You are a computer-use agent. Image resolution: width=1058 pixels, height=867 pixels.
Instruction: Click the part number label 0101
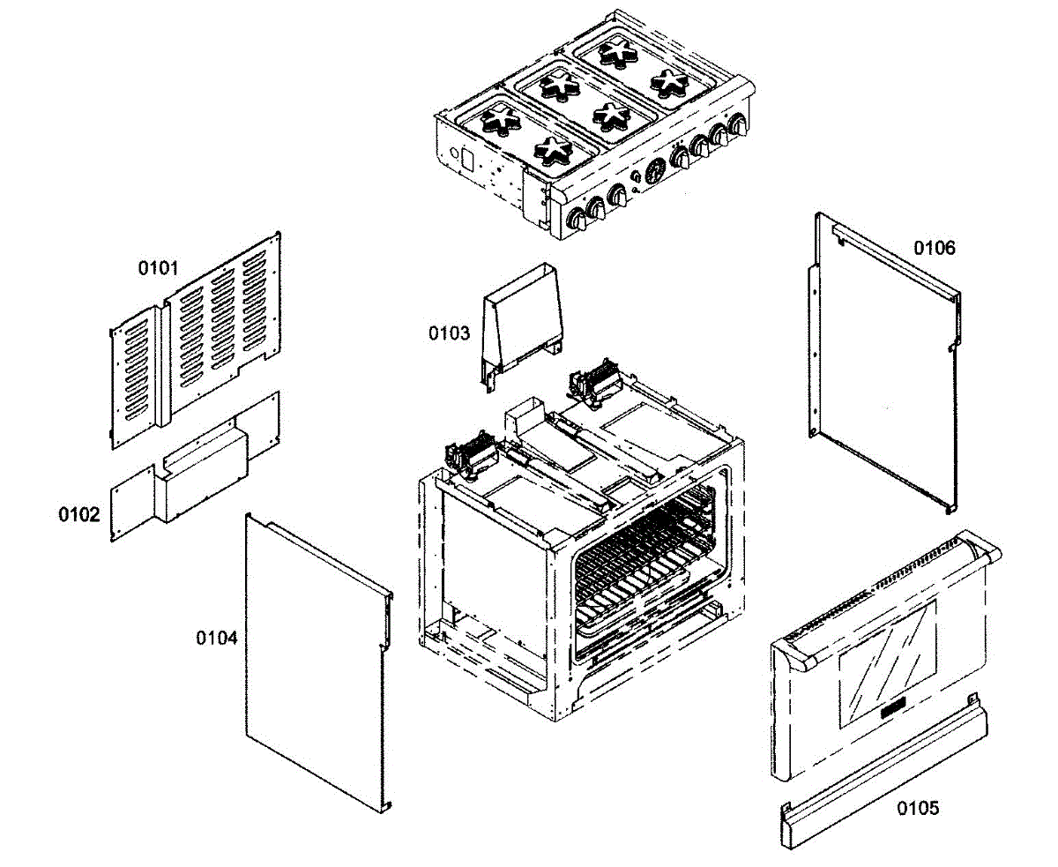(x=158, y=266)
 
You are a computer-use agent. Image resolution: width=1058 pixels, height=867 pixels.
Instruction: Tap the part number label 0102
(x=79, y=514)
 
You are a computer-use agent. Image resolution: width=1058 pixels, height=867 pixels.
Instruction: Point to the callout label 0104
(x=217, y=637)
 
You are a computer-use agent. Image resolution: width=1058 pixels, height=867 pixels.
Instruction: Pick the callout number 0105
(x=918, y=807)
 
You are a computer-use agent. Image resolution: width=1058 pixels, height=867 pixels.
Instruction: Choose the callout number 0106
(x=934, y=248)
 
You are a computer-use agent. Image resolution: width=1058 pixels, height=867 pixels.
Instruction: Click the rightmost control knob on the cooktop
(x=736, y=125)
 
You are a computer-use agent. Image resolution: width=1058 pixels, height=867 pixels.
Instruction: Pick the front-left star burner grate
(x=554, y=150)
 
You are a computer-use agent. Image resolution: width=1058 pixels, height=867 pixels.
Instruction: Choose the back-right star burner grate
(x=619, y=51)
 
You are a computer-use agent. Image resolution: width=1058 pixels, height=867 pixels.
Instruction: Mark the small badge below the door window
(x=892, y=707)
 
